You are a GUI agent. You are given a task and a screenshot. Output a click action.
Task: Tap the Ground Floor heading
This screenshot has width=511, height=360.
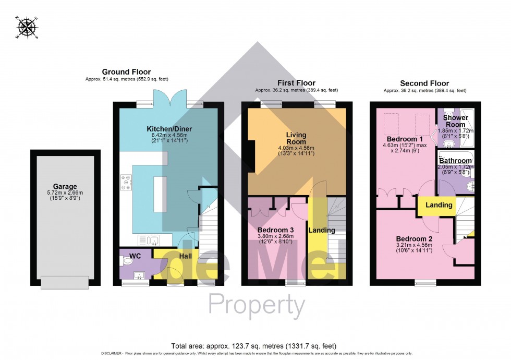tap(126, 72)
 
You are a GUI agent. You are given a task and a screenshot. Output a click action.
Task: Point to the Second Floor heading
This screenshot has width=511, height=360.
tap(424, 83)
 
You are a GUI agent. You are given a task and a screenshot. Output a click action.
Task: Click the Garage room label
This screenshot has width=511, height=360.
tap(65, 186)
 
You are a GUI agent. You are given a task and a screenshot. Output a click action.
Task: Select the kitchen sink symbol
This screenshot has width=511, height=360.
tap(148, 241)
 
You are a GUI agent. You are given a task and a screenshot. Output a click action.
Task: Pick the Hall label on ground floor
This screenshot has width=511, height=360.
tap(186, 256)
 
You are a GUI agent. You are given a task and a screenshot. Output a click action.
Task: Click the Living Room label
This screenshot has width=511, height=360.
tap(296, 138)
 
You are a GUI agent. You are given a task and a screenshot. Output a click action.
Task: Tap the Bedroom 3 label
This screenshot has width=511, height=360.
tap(276, 230)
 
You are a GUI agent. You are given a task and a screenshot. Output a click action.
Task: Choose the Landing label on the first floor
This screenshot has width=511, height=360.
tap(322, 230)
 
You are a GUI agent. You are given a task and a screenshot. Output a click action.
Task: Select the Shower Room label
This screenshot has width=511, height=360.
tap(455, 121)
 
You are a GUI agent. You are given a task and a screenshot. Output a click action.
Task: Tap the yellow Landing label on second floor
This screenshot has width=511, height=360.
tap(439, 205)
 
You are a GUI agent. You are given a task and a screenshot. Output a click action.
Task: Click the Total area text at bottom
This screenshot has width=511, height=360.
tap(253, 346)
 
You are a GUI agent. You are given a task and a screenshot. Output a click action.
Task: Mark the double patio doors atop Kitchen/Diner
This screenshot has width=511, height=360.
tap(169, 97)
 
